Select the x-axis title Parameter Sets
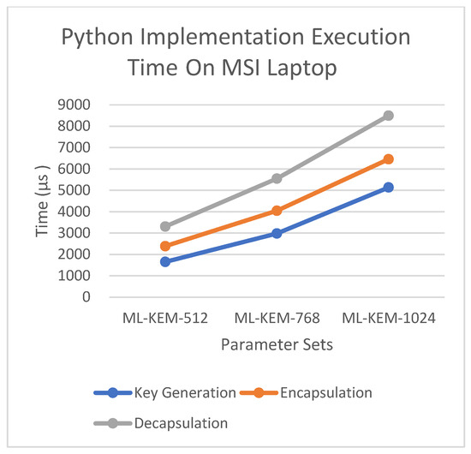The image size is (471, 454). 276,344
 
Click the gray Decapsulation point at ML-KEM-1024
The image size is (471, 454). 388,116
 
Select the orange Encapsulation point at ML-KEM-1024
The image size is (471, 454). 388,159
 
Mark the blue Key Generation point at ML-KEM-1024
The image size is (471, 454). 388,187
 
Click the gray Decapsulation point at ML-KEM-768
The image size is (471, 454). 277,178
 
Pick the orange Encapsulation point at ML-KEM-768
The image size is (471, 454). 277,211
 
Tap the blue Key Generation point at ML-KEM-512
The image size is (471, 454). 164,261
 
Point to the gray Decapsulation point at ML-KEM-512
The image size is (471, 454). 164,226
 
